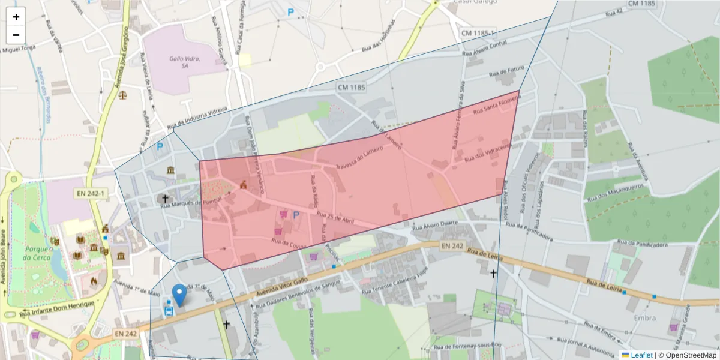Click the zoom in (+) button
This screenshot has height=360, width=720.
[16, 17]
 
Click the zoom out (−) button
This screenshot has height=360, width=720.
[16, 35]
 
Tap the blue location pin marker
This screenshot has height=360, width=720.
[179, 295]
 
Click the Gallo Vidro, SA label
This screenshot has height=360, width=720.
[184, 62]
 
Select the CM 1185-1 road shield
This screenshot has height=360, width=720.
[478, 32]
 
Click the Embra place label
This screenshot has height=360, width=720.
[644, 317]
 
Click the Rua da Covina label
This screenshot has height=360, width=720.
[289, 244]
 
